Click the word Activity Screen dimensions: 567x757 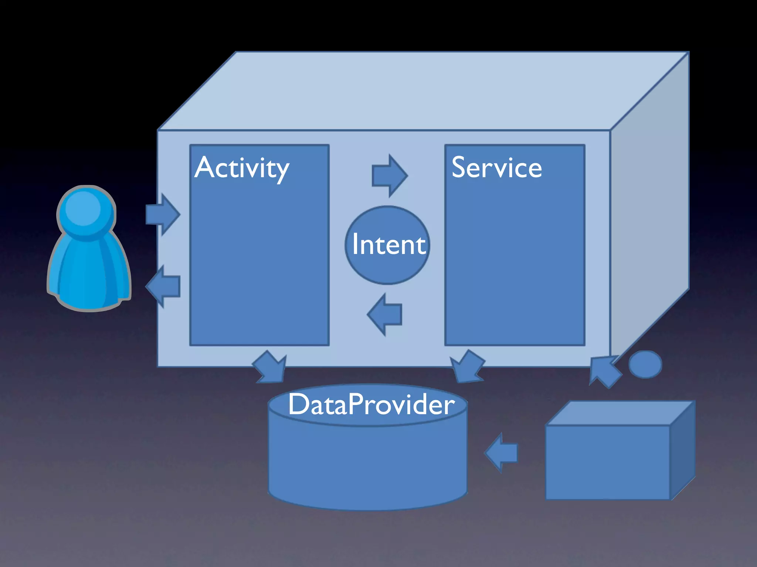[242, 168]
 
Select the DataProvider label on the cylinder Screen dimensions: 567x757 [371, 404]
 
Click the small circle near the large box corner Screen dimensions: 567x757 [645, 364]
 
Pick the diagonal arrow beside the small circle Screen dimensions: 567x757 [604, 371]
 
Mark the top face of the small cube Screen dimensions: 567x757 [619, 413]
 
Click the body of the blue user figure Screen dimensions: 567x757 [89, 273]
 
